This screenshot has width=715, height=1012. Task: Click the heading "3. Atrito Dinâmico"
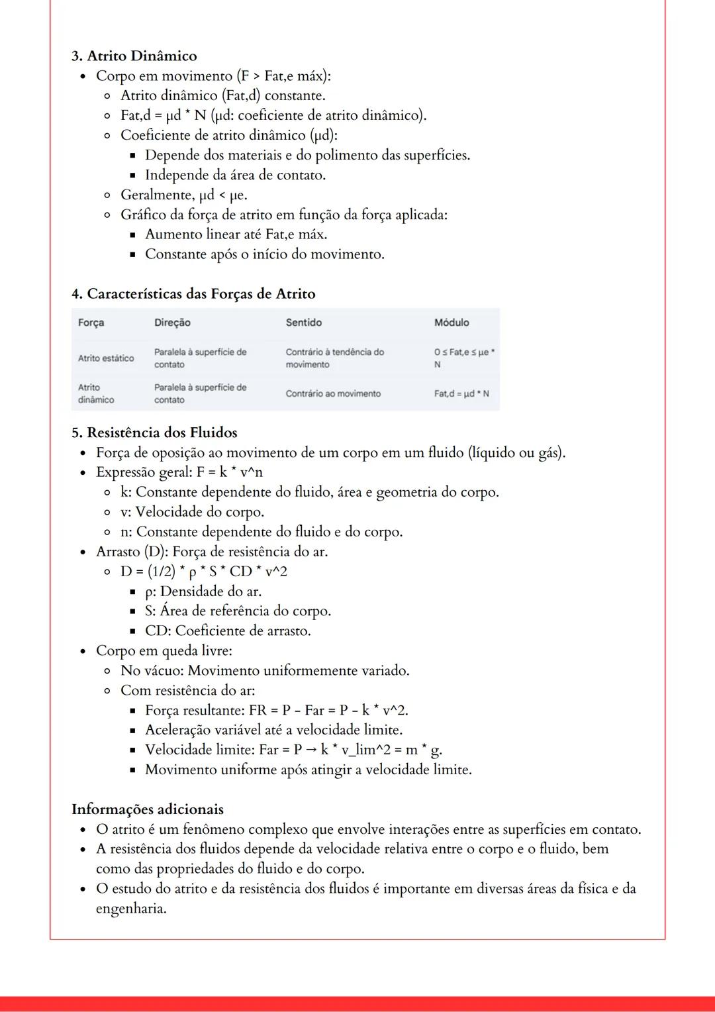tap(134, 56)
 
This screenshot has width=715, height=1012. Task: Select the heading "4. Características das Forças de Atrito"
tap(193, 293)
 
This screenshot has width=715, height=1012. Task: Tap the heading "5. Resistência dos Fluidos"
tap(154, 432)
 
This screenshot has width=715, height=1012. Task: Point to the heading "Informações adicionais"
tap(148, 809)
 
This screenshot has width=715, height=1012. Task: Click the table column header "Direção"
tap(172, 323)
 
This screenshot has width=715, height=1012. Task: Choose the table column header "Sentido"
tap(304, 323)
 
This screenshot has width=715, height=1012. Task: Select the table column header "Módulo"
tap(452, 323)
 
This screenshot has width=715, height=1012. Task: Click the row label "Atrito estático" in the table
tap(106, 358)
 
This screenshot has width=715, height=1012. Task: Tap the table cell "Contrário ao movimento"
tap(333, 393)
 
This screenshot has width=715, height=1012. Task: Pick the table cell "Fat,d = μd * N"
tap(461, 393)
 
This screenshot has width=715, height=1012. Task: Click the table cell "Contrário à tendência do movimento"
tap(334, 358)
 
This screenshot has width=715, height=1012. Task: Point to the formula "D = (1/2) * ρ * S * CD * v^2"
tap(204, 571)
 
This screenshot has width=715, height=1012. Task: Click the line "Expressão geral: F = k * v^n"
tap(179, 472)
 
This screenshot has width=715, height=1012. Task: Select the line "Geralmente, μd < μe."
tap(184, 195)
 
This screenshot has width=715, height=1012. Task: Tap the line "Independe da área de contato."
tap(235, 175)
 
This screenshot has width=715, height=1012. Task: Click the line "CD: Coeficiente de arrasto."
tap(228, 631)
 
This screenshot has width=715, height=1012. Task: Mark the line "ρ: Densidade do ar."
tap(203, 591)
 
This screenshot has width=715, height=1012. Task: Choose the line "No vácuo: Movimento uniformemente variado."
tap(265, 670)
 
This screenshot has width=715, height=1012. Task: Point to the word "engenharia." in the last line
tap(131, 908)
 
